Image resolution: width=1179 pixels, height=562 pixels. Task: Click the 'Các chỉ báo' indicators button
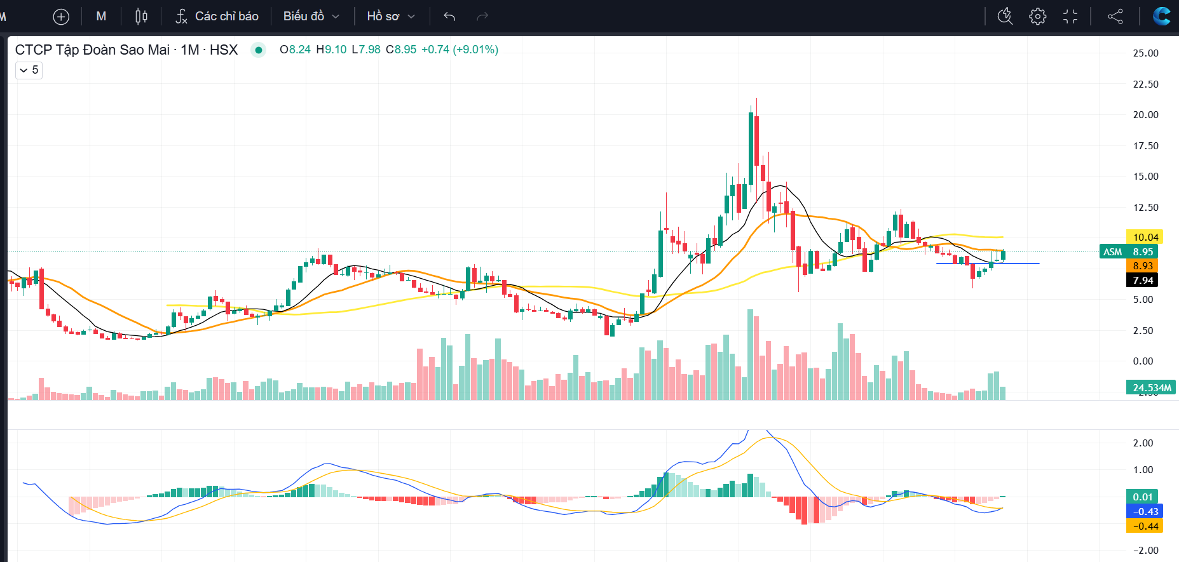point(217,17)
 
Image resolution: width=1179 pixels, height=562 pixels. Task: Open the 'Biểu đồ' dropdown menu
point(311,17)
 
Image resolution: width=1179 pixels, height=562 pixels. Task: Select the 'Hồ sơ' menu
point(390,17)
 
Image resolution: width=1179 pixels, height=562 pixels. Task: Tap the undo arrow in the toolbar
point(449,17)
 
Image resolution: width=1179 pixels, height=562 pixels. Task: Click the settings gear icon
point(1037,17)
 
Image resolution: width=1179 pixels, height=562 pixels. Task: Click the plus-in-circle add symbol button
point(61,17)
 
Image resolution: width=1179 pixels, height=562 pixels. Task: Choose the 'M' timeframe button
point(101,17)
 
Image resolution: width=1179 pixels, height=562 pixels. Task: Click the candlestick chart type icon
point(141,17)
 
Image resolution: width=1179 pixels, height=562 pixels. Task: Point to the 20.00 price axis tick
point(1145,115)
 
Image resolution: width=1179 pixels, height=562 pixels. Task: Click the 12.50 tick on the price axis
point(1145,208)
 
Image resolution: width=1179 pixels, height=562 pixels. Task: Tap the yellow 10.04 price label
point(1145,238)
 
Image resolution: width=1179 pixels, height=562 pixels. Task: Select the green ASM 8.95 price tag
point(1128,252)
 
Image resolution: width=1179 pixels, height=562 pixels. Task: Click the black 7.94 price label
point(1143,281)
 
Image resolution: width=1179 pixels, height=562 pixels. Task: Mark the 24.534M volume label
point(1151,387)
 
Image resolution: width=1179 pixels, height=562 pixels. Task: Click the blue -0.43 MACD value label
point(1145,512)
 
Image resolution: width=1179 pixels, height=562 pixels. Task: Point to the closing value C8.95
point(401,50)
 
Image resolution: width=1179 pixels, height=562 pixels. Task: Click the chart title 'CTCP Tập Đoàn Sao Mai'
point(92,50)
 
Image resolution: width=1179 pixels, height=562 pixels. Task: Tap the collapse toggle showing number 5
point(29,70)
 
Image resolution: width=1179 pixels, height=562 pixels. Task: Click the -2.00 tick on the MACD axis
point(1146,551)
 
